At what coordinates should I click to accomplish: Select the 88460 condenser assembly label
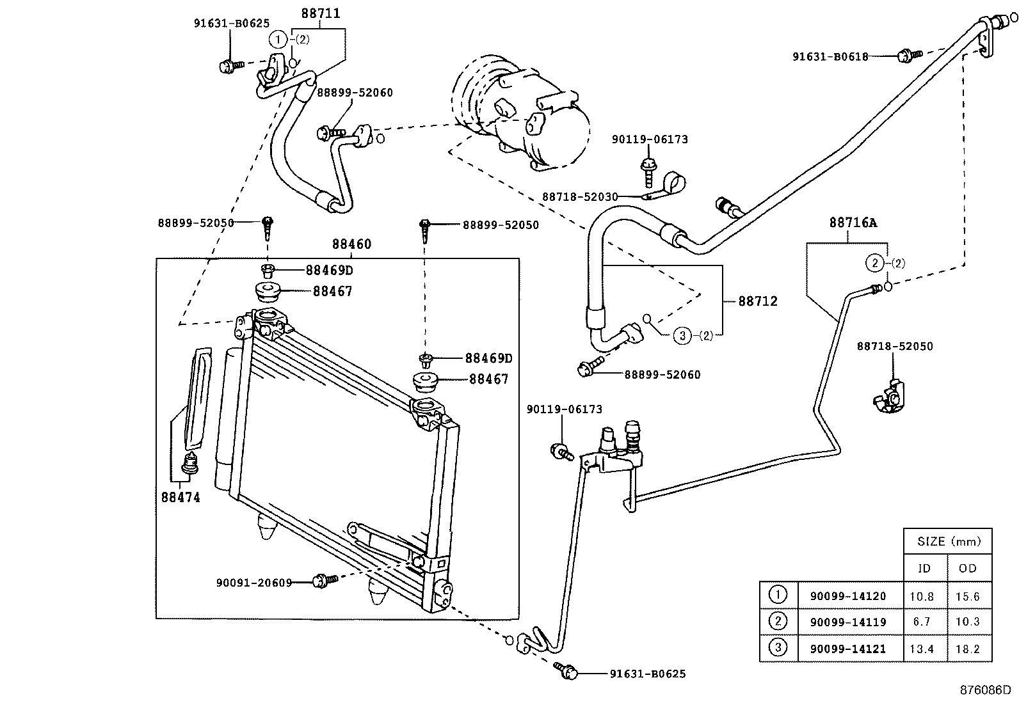351,244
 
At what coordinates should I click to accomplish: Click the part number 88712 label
757,301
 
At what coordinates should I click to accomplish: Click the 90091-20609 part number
253,583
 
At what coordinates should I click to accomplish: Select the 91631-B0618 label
830,56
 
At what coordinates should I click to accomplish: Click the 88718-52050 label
895,347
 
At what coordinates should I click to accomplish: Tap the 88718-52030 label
580,197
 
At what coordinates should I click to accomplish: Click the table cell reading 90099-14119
847,622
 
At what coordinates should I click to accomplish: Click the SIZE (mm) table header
948,541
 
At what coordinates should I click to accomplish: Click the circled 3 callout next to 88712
684,335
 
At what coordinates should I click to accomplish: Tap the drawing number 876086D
984,690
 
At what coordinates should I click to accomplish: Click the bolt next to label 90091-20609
324,581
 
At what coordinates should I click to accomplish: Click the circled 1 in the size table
778,596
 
